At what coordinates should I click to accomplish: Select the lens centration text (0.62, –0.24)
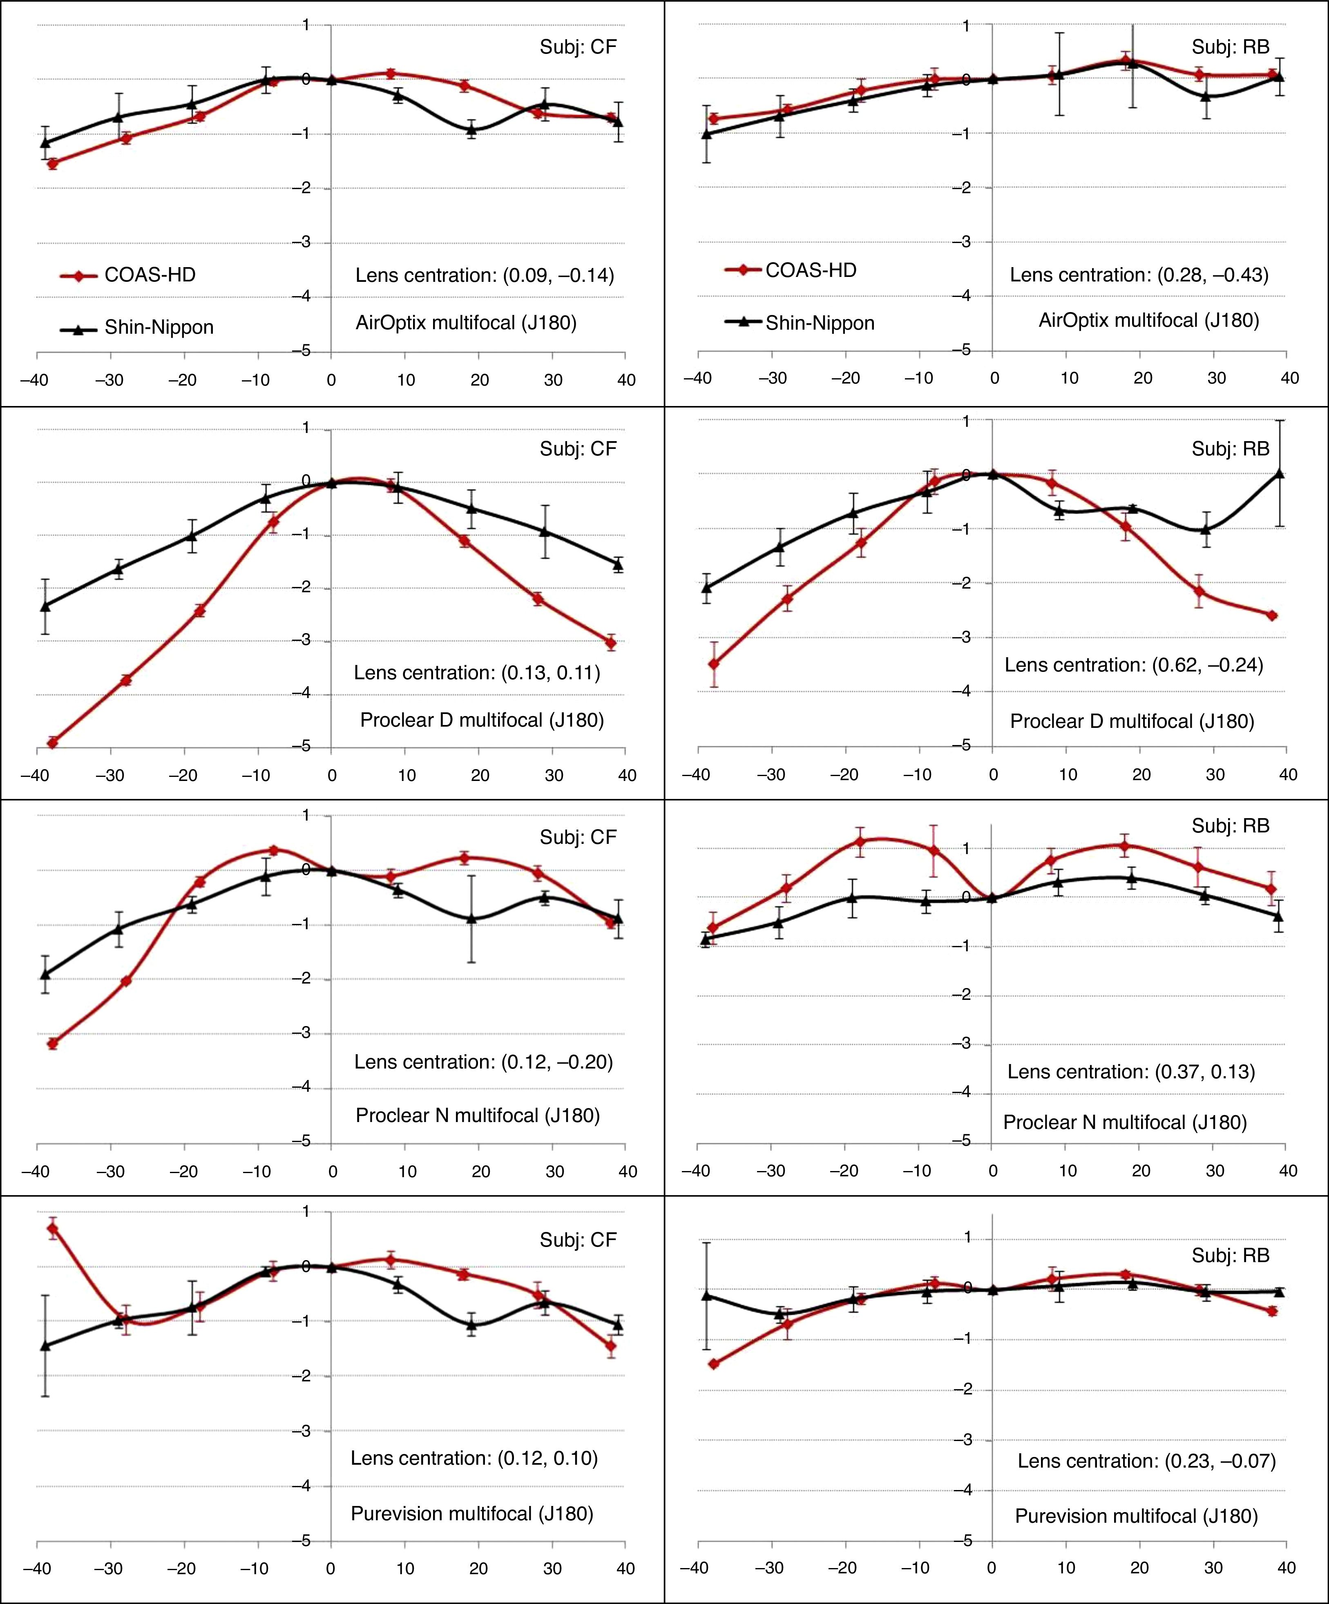click(1133, 665)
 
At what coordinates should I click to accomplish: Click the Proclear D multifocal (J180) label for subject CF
click(482, 720)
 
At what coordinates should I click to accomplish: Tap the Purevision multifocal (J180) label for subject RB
click(1136, 1516)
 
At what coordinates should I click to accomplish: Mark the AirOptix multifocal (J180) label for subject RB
click(1148, 321)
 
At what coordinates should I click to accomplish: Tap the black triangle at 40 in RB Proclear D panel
click(1279, 474)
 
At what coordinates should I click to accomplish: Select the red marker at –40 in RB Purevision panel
click(713, 1364)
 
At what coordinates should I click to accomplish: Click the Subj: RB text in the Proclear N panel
click(1230, 826)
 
